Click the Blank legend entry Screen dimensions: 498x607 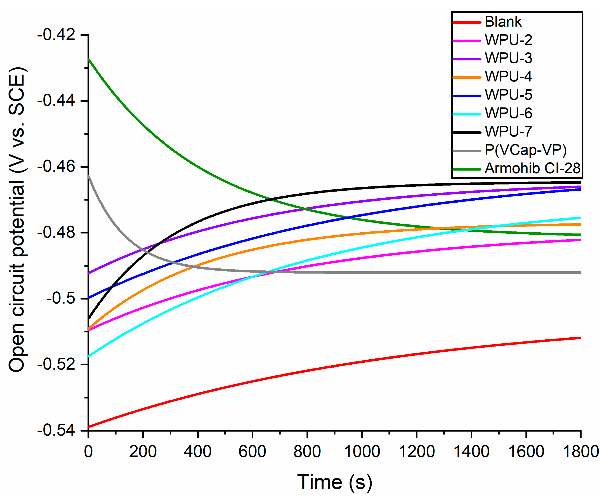(503, 22)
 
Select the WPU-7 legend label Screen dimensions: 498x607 (508, 132)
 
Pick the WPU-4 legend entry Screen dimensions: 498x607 (508, 77)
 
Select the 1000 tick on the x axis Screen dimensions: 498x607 (362, 451)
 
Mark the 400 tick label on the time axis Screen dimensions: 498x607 (198, 451)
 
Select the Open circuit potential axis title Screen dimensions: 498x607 (17, 219)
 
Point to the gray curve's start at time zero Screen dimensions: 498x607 (89, 176)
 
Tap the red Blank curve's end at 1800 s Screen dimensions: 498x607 (580, 338)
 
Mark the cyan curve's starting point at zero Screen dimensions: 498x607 (89, 357)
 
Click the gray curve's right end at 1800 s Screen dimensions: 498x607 (580, 273)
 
